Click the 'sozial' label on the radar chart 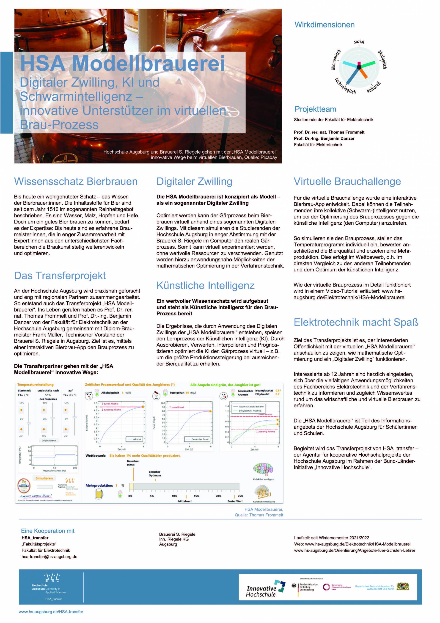pyautogui.click(x=359, y=42)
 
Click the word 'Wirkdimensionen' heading pyautogui.click(x=324, y=25)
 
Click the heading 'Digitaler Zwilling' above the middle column pyautogui.click(x=194, y=182)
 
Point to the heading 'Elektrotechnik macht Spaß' pyautogui.click(x=356, y=322)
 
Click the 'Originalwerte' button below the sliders pyautogui.click(x=49, y=440)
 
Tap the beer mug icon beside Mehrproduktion pyautogui.click(x=99, y=494)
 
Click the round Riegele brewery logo pyautogui.click(x=24, y=485)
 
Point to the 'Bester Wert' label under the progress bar pyautogui.click(x=235, y=501)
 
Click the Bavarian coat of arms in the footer pyautogui.click(x=403, y=586)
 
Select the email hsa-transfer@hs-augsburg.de pyautogui.click(x=49, y=557)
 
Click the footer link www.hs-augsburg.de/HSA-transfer pyautogui.click(x=51, y=612)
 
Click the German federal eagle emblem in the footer pyautogui.click(x=295, y=586)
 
